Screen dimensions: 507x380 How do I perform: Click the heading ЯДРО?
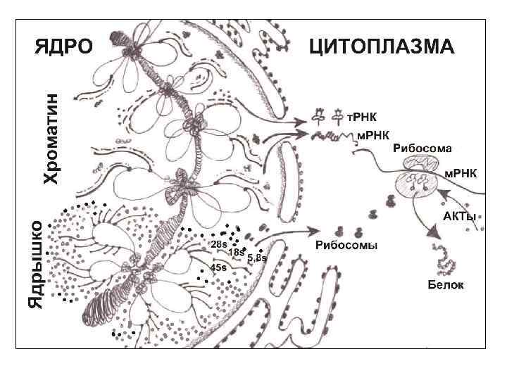coord(64,48)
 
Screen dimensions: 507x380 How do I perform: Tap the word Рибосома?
coord(422,148)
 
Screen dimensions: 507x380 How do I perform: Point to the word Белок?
coord(446,285)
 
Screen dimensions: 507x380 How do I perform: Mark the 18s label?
coord(236,252)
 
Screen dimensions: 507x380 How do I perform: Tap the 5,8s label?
coord(257,258)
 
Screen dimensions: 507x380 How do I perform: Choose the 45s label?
coord(218,267)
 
